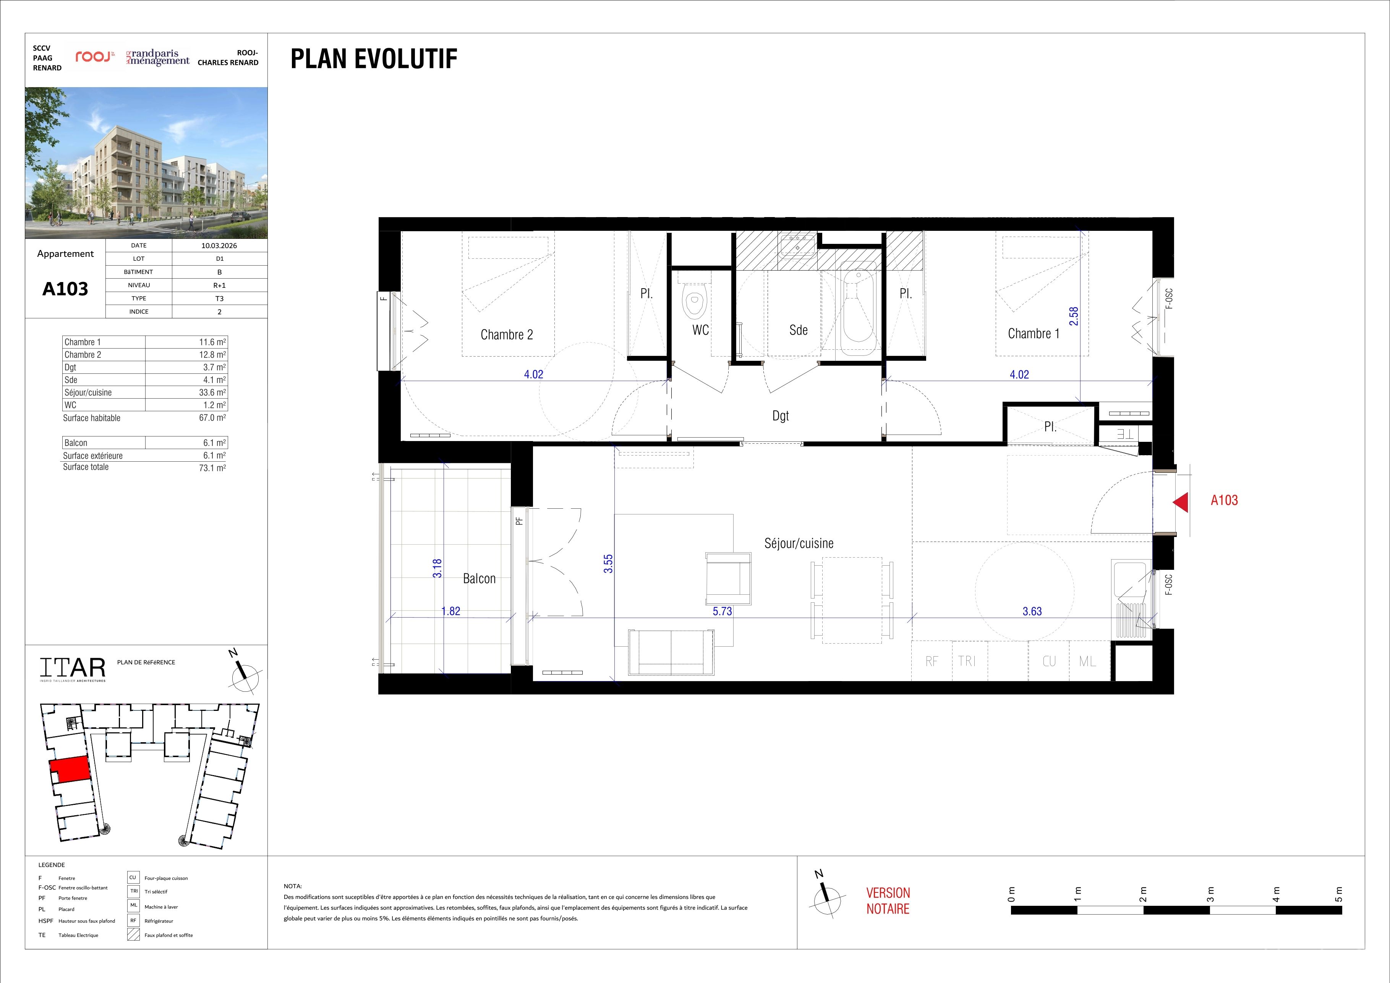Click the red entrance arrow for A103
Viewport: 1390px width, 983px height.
(1181, 502)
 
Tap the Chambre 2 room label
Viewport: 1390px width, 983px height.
(507, 334)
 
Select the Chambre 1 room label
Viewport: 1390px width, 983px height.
(1034, 333)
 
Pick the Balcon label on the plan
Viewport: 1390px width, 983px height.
(479, 578)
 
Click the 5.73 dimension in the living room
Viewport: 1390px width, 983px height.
(722, 611)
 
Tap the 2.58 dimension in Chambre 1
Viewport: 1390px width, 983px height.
(1073, 316)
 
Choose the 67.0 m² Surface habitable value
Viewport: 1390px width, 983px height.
(212, 418)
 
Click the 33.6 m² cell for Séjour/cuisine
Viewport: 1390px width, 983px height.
(212, 393)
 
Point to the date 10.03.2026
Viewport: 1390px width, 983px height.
(219, 246)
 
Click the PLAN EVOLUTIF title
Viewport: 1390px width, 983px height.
(374, 59)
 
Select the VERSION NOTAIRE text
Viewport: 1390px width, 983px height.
(888, 900)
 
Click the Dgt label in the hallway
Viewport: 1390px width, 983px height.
(780, 416)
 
